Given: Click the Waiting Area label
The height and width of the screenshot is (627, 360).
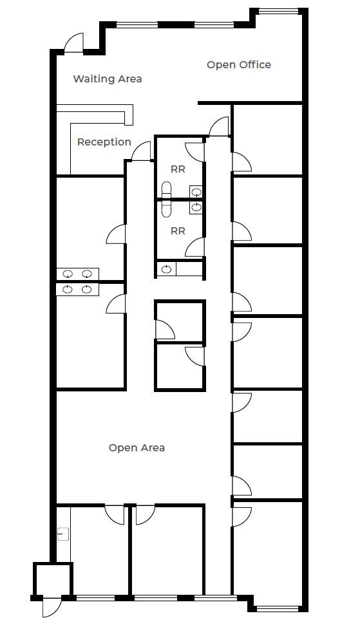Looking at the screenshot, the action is click(x=107, y=79).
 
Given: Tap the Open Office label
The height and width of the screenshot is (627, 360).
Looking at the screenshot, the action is click(x=239, y=65).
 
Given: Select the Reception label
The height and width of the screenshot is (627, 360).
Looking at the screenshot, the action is click(x=104, y=142).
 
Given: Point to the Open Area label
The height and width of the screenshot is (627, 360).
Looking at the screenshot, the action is click(x=137, y=448).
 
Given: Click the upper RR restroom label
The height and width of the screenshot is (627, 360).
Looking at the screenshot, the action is click(x=178, y=169).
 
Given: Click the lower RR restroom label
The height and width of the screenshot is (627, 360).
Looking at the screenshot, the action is click(x=178, y=230).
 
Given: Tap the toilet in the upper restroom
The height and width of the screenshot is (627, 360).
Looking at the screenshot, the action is click(x=166, y=189).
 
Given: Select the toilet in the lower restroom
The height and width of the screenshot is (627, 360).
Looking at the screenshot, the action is click(x=166, y=209).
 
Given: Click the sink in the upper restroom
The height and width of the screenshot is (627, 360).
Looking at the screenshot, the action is click(x=196, y=192).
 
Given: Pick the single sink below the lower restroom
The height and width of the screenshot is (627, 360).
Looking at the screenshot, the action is click(x=166, y=269).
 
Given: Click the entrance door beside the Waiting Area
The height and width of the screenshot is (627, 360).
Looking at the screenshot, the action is click(x=73, y=42).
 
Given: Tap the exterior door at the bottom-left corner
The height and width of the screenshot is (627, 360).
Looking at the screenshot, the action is click(x=52, y=606).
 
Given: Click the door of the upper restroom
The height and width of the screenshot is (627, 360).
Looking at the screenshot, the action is click(x=194, y=152).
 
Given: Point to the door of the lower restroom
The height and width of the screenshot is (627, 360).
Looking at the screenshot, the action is click(x=194, y=247).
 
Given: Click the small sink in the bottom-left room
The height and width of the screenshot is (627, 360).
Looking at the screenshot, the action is click(x=63, y=534).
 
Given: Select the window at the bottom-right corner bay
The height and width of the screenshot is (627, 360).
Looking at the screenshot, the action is click(x=276, y=609).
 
